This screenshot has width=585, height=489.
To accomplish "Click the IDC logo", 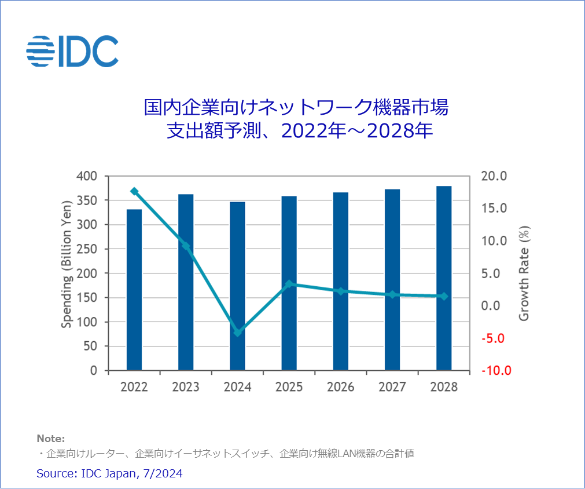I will tap(72, 51).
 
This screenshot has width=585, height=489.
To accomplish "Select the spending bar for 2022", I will tap(134, 290).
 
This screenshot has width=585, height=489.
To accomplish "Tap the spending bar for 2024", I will tap(237, 286).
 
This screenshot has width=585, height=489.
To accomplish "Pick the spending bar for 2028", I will tap(444, 278).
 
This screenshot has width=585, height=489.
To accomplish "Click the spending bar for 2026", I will tap(340, 281).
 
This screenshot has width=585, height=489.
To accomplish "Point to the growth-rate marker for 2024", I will tap(237, 333).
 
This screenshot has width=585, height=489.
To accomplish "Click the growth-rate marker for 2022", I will tap(134, 191).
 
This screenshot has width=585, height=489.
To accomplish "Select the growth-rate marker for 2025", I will tap(289, 284).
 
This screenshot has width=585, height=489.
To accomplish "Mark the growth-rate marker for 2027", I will tap(392, 294).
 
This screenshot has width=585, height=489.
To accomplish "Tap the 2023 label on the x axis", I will tap(186, 387).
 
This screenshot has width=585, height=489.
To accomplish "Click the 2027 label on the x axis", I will tap(392, 387).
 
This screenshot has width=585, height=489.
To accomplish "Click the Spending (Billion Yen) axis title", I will tap(67, 264).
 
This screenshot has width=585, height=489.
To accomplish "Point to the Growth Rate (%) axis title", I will tap(524, 273).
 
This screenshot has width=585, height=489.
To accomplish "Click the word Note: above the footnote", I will tap(51, 438).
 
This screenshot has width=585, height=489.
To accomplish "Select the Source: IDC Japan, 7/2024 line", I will tap(109, 473).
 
